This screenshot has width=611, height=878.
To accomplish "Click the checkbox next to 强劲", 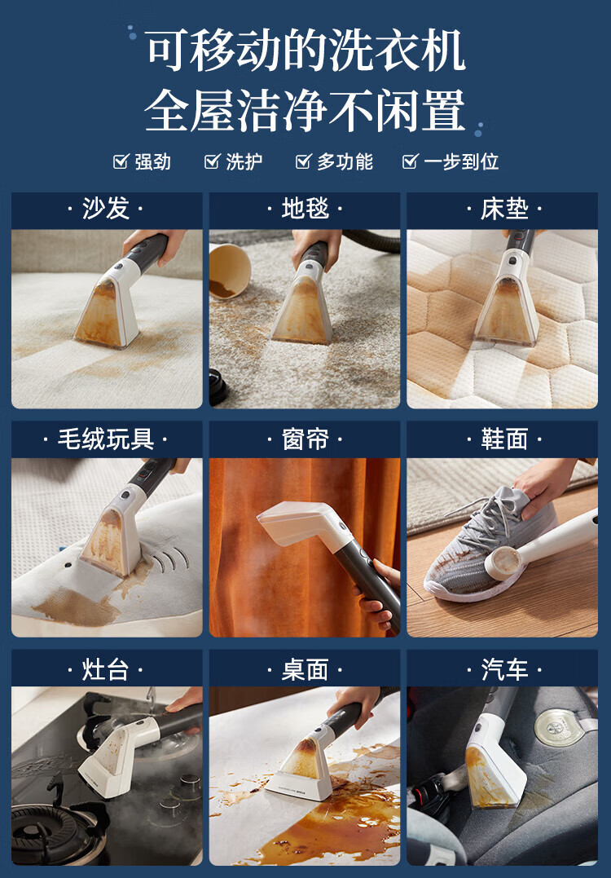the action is click(121, 162).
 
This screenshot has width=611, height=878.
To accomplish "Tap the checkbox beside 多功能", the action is click(303, 162).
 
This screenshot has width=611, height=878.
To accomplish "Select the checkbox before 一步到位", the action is click(410, 162).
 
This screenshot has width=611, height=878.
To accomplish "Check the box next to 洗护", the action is click(212, 162).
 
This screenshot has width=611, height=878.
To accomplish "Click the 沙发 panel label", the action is click(106, 209).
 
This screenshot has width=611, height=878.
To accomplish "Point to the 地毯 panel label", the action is click(305, 209).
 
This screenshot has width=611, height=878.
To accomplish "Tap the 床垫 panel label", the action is click(504, 209).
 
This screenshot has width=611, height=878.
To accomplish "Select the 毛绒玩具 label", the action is click(106, 439).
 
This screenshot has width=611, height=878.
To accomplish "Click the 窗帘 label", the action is click(305, 439).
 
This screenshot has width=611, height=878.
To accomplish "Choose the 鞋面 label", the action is click(504, 439).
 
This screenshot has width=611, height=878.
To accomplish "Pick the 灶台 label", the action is click(106, 669).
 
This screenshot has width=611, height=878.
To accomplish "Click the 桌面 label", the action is click(305, 669).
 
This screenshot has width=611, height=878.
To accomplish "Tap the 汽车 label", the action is click(504, 669).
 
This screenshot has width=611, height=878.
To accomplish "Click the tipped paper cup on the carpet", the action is click(230, 271).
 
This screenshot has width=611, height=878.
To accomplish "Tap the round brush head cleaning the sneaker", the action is click(503, 563).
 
